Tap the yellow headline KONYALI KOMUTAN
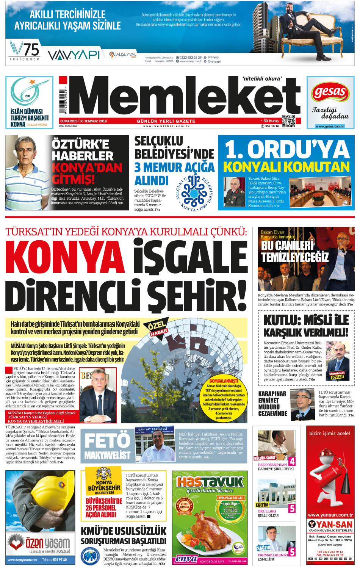(286, 167)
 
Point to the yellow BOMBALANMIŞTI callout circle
(224, 398)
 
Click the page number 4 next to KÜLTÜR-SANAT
(292, 461)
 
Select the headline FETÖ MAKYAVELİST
(107, 446)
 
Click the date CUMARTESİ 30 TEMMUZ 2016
(84, 121)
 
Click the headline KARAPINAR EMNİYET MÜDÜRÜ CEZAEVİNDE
(272, 403)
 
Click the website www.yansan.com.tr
(330, 515)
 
